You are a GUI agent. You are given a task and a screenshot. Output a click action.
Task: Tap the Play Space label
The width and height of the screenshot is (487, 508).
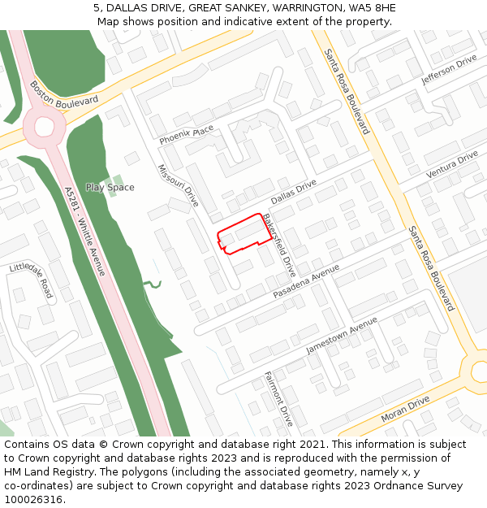pyautogui.click(x=110, y=188)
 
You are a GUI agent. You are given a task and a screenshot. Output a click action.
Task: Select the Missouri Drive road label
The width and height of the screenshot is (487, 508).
pyautogui.click(x=178, y=186)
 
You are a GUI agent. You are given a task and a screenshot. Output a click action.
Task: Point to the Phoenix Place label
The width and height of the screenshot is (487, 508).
pyautogui.click(x=186, y=135)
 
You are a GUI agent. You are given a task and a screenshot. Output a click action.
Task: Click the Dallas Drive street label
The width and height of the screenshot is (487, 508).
pyautogui.click(x=293, y=192)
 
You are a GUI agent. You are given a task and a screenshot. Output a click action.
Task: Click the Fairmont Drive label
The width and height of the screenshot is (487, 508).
pyautogui.click(x=278, y=399)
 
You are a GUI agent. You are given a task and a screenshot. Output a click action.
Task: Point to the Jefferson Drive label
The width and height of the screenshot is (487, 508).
pyautogui.click(x=449, y=71)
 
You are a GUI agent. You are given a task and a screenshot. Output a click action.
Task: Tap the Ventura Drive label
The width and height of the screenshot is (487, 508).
pyautogui.click(x=452, y=165)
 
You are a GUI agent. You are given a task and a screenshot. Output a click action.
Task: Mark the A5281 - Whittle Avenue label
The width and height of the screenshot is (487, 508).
pyautogui.click(x=84, y=231)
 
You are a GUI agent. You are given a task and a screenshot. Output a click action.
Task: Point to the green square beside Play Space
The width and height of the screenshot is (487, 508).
pyautogui.click(x=118, y=180)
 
